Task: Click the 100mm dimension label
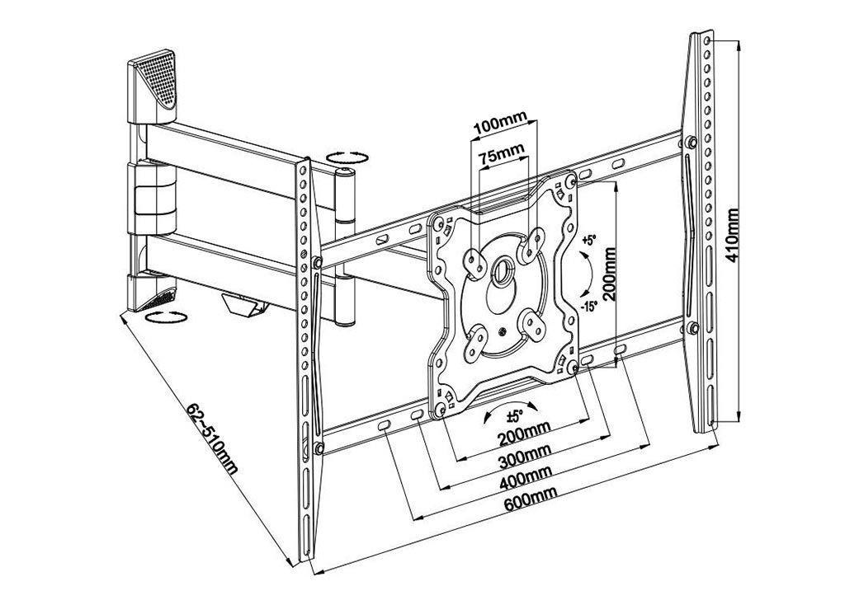point(501,128)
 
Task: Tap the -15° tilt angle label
point(589,307)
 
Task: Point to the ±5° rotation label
point(516,416)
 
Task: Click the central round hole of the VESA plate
point(503,267)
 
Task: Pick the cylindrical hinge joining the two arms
point(344,247)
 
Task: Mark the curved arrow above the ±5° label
point(510,408)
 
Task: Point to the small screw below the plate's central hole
point(503,332)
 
